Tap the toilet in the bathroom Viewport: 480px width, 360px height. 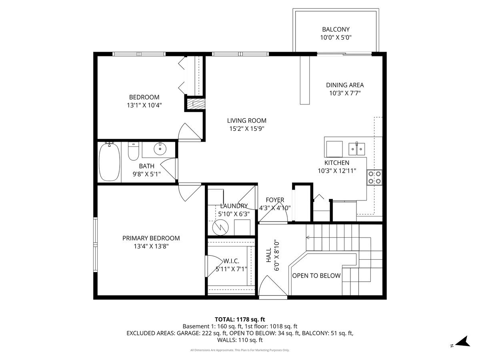click(x=133, y=151)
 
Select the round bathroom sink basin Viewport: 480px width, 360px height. click(x=160, y=150)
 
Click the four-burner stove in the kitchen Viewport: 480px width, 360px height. click(x=374, y=177)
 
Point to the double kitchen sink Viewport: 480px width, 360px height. click(x=356, y=149)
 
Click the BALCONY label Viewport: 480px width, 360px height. click(x=336, y=29)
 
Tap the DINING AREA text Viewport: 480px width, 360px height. click(x=345, y=85)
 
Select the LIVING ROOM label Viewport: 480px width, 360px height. click(x=246, y=120)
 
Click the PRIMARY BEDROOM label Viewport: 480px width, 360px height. click(x=151, y=238)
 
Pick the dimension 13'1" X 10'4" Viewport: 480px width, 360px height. click(x=144, y=105)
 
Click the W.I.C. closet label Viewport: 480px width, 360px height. click(x=231, y=261)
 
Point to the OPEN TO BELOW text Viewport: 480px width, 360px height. click(x=316, y=276)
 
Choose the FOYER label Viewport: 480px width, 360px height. click(x=275, y=200)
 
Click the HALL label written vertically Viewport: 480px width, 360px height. click(x=268, y=255)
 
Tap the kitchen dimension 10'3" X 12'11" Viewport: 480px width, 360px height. click(x=336, y=171)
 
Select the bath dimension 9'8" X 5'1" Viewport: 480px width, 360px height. click(x=146, y=174)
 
